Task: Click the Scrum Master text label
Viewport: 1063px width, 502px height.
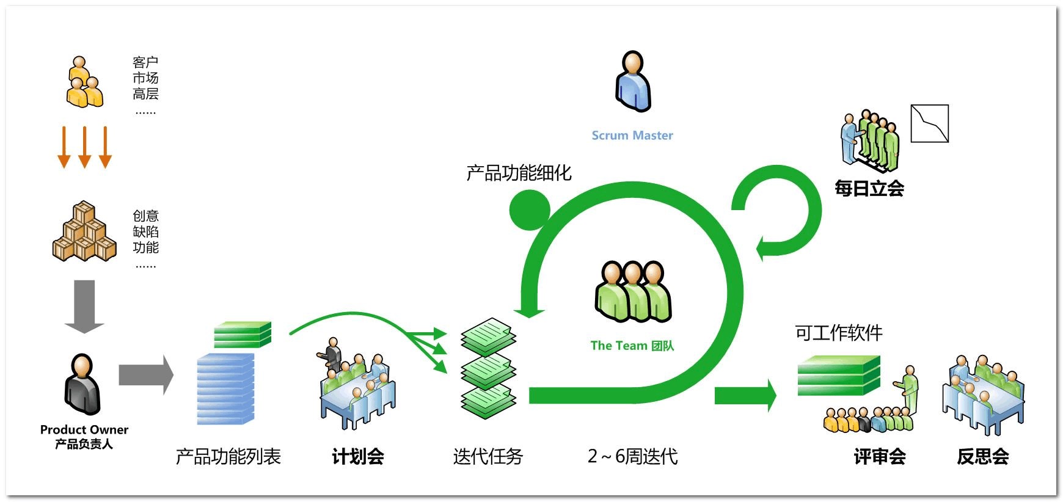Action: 632,136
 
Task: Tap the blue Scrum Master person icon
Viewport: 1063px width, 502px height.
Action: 633,82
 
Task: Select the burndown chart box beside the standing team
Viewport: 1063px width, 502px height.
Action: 929,123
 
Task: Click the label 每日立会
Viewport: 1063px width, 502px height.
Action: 869,188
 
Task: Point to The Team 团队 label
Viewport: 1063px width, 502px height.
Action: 632,346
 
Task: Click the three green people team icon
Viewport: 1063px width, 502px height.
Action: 633,292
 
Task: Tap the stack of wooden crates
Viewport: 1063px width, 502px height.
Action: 84,233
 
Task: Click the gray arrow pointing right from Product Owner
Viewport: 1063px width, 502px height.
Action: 145,374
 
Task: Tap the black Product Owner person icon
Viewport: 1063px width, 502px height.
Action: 82,385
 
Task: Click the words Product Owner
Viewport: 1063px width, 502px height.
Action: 84,429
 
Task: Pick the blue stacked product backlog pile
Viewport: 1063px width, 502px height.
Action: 225,389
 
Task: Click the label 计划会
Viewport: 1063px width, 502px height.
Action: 357,456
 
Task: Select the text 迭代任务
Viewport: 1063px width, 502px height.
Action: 488,456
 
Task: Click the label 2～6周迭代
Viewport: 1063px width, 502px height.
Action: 632,456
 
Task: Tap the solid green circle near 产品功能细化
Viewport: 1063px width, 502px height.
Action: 529,209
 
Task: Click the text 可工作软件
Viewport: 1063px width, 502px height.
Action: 838,333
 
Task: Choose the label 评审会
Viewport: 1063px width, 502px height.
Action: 879,456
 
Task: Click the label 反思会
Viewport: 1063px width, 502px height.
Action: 982,456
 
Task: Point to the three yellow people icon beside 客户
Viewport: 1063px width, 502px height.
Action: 84,83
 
